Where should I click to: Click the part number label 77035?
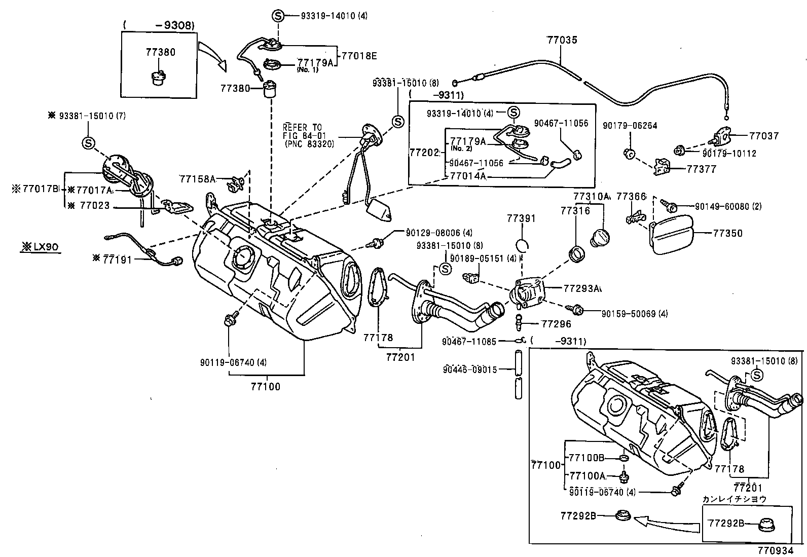click(x=562, y=40)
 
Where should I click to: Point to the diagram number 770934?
click(x=780, y=550)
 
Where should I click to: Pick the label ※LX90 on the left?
click(x=40, y=247)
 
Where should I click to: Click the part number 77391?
click(x=522, y=219)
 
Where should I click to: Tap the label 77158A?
click(x=197, y=178)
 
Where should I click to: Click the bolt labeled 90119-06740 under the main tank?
click(x=228, y=320)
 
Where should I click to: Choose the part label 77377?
click(x=702, y=169)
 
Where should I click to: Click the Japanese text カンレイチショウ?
click(x=734, y=499)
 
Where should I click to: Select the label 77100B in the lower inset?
click(x=586, y=458)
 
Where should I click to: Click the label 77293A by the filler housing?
click(x=582, y=288)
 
